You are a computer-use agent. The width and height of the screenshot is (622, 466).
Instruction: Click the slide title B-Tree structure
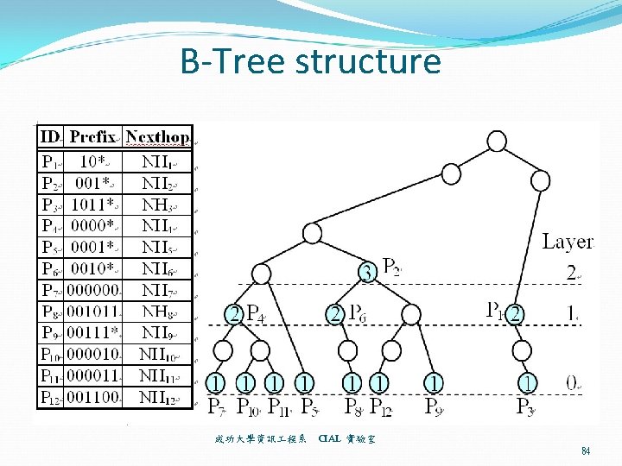tap(310, 62)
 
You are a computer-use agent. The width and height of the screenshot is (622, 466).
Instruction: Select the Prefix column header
tap(94, 136)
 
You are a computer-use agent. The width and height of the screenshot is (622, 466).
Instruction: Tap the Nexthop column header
tap(158, 136)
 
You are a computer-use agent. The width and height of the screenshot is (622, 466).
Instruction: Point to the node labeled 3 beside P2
tap(367, 273)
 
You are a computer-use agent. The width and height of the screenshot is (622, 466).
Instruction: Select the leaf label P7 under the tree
tap(218, 405)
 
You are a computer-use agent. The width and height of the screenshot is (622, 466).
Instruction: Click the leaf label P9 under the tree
tap(434, 405)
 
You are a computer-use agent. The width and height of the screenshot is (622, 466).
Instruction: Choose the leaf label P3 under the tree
tap(526, 405)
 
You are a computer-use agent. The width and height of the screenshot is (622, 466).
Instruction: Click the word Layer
tap(568, 242)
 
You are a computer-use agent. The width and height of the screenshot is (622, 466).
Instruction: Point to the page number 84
tap(586, 450)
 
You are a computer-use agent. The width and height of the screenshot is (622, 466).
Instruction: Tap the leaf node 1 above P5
tap(304, 381)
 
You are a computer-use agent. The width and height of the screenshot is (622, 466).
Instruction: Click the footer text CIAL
tap(329, 439)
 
